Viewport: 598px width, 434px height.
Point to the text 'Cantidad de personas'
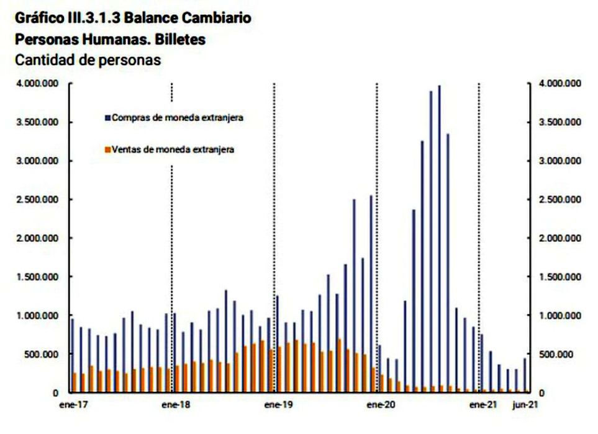pos(88,60)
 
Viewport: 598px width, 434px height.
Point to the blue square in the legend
pos(108,117)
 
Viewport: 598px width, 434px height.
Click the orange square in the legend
pos(108,149)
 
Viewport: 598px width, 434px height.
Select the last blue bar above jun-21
pos(524,375)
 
